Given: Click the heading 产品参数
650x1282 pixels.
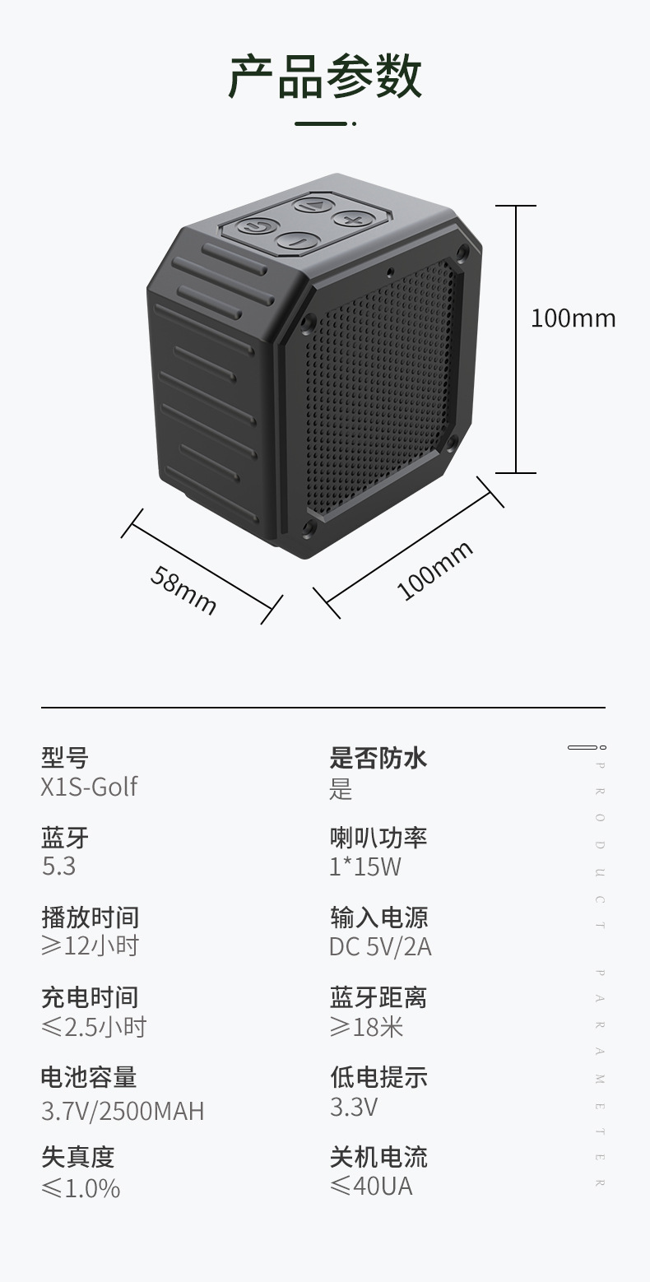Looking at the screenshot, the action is point(325,77).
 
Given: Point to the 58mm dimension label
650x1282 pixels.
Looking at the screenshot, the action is point(183,590).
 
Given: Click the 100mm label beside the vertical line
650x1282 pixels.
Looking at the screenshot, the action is point(573,318).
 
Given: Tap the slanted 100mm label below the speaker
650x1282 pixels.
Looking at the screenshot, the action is point(434,570).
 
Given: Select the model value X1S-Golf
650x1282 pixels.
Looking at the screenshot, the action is point(89,787).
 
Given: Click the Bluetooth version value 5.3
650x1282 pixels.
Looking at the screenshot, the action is point(58,866).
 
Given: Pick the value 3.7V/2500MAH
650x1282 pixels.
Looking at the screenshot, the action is point(123,1111).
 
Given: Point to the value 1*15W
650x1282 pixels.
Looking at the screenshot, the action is point(365,866).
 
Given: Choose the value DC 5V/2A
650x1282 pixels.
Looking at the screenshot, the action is point(380,946).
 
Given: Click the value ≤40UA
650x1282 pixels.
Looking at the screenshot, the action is point(371,1186).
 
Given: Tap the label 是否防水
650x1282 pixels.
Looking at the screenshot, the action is point(378,757).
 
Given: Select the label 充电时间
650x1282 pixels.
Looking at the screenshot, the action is point(90,997).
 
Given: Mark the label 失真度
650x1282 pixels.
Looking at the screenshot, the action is point(77,1157).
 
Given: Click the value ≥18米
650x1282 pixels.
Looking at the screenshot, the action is point(366,1026).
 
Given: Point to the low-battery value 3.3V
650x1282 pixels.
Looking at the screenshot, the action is point(354,1107).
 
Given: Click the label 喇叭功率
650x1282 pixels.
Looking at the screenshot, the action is point(378,838).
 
